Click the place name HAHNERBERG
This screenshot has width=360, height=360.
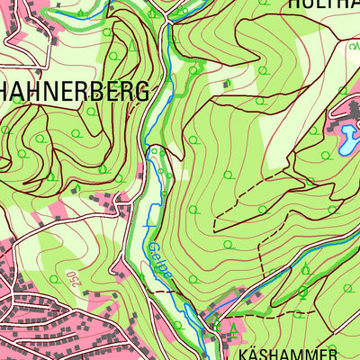(79, 91)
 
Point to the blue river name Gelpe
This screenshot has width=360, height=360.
(156, 256)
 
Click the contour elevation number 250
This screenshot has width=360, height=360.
(72, 279)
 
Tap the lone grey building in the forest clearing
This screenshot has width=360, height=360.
(227, 84)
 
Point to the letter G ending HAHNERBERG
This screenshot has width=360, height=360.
(163, 91)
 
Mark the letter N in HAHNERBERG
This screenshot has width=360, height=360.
(59, 91)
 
